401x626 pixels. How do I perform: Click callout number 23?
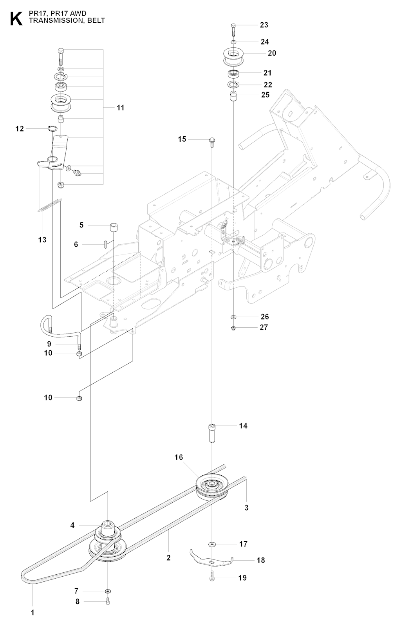click(x=264, y=25)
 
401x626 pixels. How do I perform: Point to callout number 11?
click(x=120, y=107)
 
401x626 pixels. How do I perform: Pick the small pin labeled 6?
click(x=106, y=244)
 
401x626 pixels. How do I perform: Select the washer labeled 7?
click(x=108, y=591)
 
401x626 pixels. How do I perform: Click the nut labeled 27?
click(x=233, y=328)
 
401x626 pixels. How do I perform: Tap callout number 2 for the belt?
click(x=168, y=558)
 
